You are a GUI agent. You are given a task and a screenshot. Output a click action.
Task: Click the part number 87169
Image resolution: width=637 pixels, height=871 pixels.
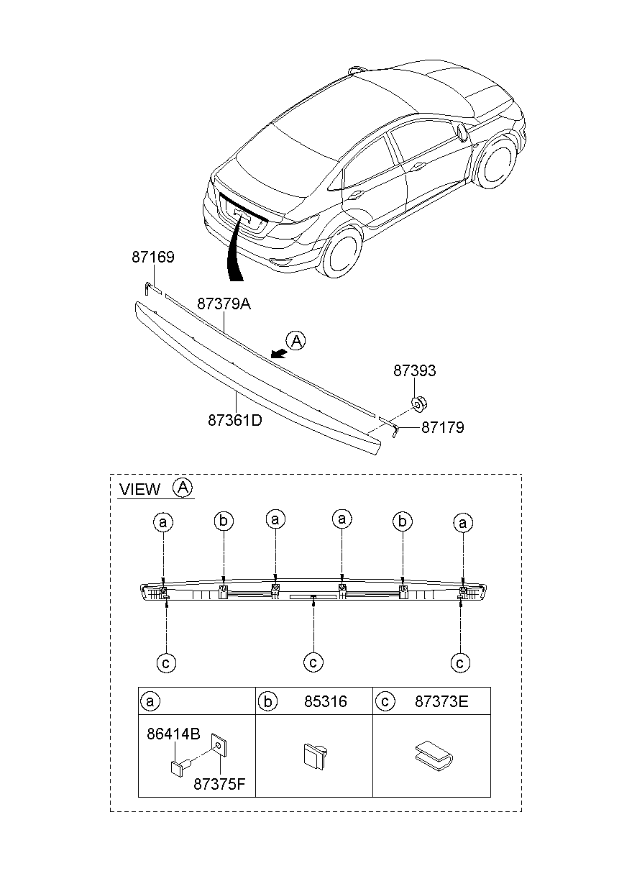pos(152,257)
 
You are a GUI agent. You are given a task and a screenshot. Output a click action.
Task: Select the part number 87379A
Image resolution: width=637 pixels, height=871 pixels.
pos(224,304)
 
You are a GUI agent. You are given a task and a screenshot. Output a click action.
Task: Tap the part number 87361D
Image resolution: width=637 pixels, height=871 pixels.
pos(234,420)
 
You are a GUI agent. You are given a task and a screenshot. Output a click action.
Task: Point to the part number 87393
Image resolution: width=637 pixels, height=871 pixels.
pos(414,372)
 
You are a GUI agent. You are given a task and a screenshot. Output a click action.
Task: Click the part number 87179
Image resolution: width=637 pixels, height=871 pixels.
pos(442,427)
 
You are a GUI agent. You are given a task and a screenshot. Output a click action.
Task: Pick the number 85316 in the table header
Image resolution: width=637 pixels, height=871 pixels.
pos(325,701)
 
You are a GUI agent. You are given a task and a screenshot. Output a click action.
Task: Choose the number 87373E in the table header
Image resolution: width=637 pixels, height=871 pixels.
pos(441,701)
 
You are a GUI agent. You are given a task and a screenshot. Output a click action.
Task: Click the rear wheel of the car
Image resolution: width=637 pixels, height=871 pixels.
pos(340,252)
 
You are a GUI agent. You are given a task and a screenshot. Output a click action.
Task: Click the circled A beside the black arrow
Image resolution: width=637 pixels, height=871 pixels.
pos(295,340)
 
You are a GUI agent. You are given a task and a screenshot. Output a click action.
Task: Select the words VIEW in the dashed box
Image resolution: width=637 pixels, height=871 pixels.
pos(140,490)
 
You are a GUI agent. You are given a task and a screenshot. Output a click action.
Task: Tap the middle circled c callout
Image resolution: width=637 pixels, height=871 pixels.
pos(313,662)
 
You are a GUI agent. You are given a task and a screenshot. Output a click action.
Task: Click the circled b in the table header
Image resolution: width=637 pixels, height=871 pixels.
pos(267,701)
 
